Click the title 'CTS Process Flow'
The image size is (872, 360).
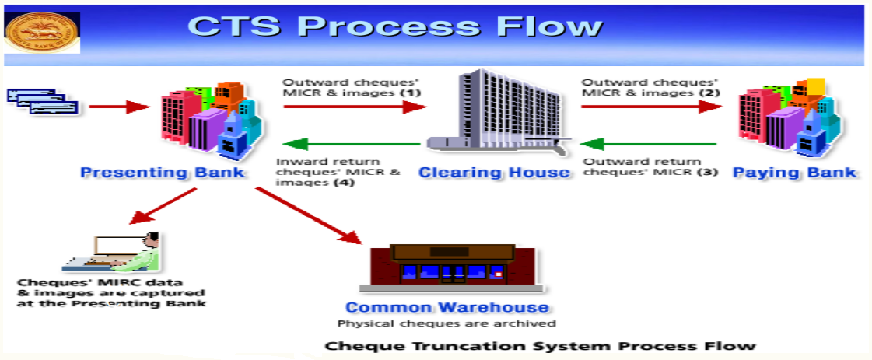click(395, 26)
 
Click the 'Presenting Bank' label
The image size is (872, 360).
click(163, 172)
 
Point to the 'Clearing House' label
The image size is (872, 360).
click(494, 172)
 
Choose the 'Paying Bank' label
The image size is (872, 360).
click(794, 172)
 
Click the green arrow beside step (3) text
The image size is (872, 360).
click(649, 144)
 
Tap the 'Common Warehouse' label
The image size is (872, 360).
click(447, 307)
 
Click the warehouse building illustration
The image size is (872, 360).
click(452, 268)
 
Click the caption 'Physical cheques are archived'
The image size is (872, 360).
click(447, 323)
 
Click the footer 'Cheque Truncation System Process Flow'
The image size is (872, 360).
click(539, 345)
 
